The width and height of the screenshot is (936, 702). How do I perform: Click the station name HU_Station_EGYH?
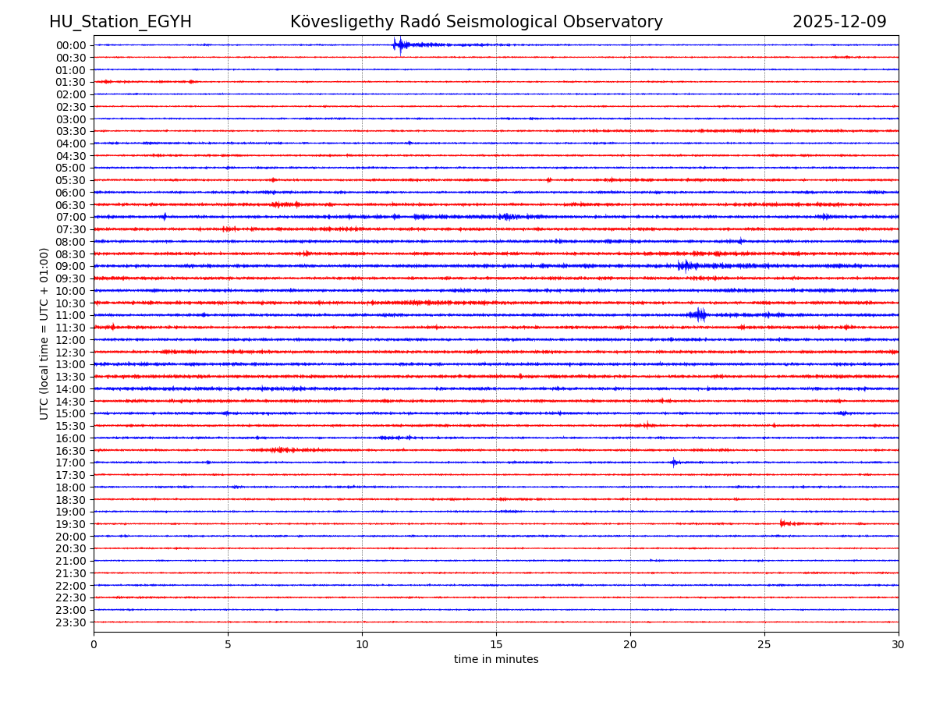(x=120, y=22)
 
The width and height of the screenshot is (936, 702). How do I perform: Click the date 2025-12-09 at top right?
(x=839, y=22)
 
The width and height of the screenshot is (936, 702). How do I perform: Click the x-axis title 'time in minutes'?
(x=496, y=660)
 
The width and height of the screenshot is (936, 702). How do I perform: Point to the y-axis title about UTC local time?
(x=44, y=333)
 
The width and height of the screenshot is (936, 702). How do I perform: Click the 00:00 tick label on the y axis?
(x=70, y=45)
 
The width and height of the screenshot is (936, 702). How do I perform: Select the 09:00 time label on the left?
(x=70, y=266)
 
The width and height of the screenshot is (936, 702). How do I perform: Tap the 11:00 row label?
(x=70, y=315)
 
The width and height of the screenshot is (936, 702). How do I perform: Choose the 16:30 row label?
(x=70, y=451)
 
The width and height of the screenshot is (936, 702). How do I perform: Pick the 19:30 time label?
(x=70, y=524)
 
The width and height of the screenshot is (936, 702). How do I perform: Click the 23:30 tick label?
(x=70, y=622)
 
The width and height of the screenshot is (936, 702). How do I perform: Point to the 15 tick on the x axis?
(x=496, y=645)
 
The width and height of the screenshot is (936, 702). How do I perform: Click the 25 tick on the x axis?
(x=764, y=645)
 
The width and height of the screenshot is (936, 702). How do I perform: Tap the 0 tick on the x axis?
(x=94, y=645)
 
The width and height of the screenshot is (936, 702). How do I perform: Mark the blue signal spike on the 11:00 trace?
(x=698, y=314)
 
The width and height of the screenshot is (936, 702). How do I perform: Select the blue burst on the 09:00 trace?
(x=686, y=266)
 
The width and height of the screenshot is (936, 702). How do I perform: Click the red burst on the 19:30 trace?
(x=783, y=523)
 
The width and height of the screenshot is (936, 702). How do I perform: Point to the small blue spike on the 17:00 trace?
(x=674, y=463)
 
